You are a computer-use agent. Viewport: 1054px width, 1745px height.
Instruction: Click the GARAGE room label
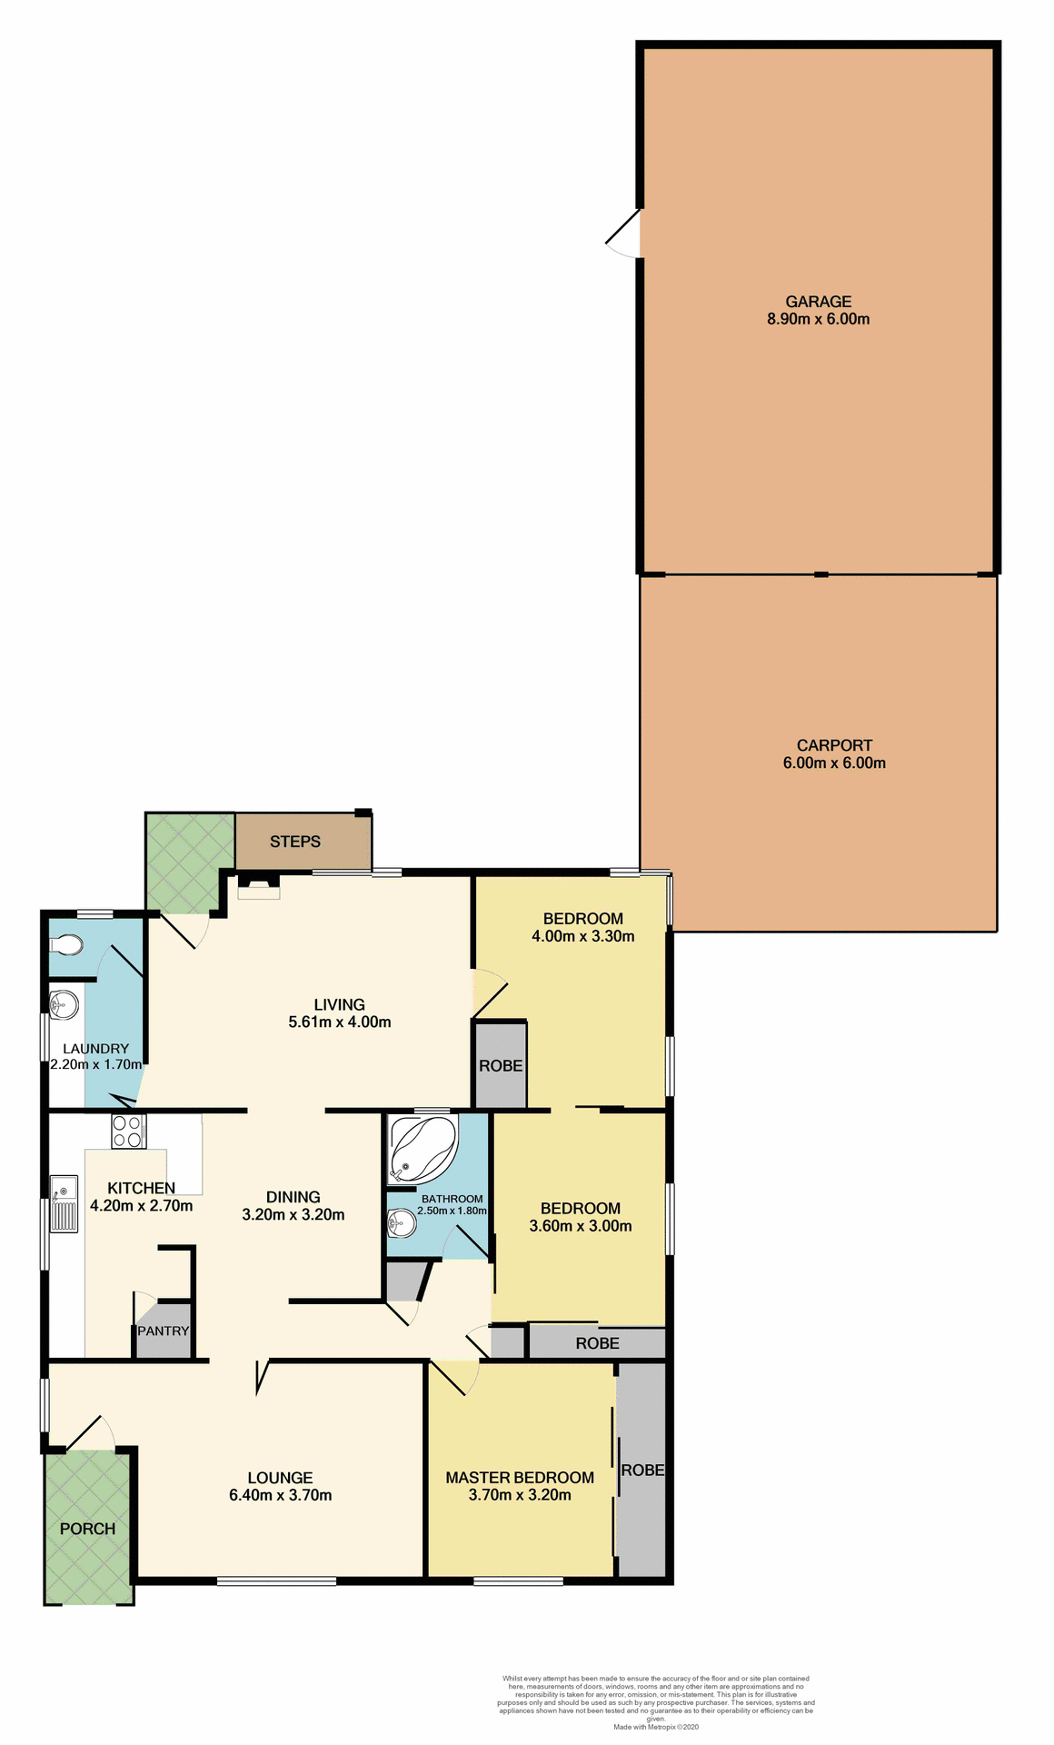[818, 301]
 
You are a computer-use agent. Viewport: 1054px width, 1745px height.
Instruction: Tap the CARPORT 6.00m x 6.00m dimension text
[833, 763]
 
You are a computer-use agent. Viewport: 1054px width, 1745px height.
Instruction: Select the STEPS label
[294, 842]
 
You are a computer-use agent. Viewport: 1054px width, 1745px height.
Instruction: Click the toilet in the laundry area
[66, 946]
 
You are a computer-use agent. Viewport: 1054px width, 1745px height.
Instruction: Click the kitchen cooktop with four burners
[128, 1132]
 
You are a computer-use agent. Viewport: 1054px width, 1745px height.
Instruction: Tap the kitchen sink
[64, 1203]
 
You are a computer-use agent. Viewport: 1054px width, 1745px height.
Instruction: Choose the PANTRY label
[164, 1331]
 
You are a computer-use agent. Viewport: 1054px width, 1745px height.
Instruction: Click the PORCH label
[87, 1529]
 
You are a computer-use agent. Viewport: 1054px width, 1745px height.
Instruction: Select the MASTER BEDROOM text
[520, 1478]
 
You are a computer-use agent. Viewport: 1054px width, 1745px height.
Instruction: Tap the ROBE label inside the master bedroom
[642, 1470]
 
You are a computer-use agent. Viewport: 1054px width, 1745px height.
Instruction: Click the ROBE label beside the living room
[501, 1065]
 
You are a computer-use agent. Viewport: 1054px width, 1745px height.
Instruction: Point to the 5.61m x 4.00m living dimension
[340, 1022]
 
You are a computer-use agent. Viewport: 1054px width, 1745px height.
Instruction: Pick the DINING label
[293, 1197]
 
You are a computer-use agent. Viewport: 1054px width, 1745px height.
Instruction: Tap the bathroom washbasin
[401, 1224]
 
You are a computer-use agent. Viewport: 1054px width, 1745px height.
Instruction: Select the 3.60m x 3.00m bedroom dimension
[580, 1225]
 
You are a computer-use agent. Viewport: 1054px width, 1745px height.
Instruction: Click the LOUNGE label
[280, 1478]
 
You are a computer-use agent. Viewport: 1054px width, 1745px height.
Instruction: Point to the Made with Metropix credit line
[655, 1727]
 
